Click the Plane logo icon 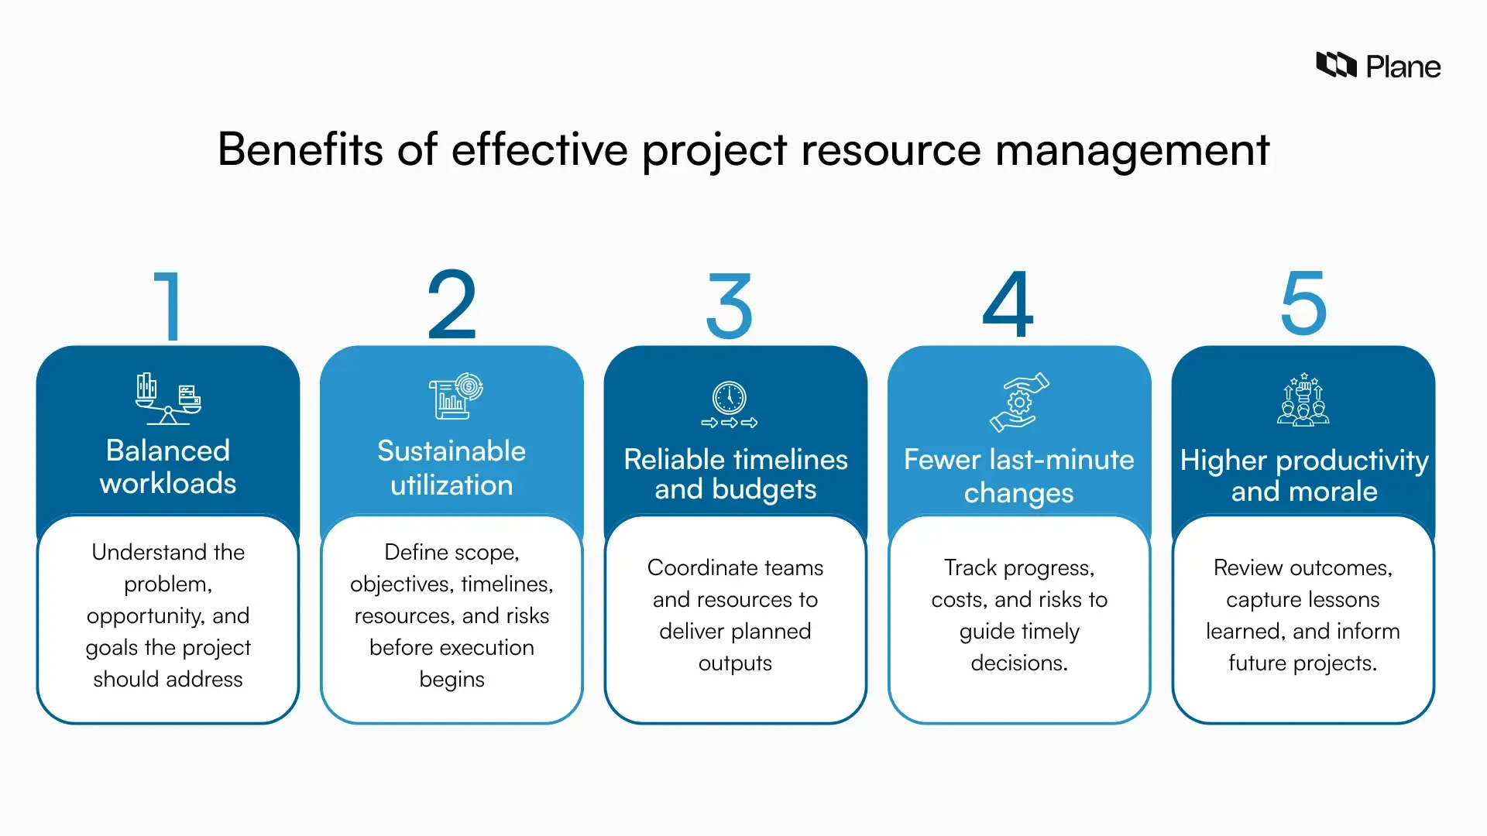pyautogui.click(x=1336, y=66)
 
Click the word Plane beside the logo pyautogui.click(x=1403, y=67)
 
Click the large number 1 pyautogui.click(x=168, y=307)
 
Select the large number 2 pyautogui.click(x=452, y=305)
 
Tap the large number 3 pyautogui.click(x=729, y=307)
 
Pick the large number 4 pyautogui.click(x=1008, y=305)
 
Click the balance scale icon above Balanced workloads pyautogui.click(x=168, y=399)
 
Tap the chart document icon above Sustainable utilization pyautogui.click(x=455, y=396)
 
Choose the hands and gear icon pyautogui.click(x=1019, y=402)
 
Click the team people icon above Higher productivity pyautogui.click(x=1303, y=399)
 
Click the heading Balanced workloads pyautogui.click(x=168, y=467)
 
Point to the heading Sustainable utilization pyautogui.click(x=452, y=468)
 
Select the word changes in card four pyautogui.click(x=1019, y=493)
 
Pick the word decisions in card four pyautogui.click(x=1019, y=663)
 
